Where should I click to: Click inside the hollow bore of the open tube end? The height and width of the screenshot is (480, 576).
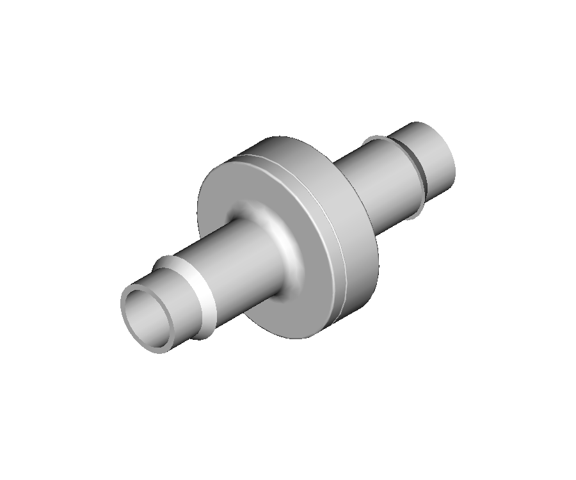coord(149,317)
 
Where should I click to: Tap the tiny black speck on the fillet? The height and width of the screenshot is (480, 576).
coord(280,241)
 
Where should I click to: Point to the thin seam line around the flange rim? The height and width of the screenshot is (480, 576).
coord(343,269)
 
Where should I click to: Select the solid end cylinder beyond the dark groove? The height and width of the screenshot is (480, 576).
coord(432,157)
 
